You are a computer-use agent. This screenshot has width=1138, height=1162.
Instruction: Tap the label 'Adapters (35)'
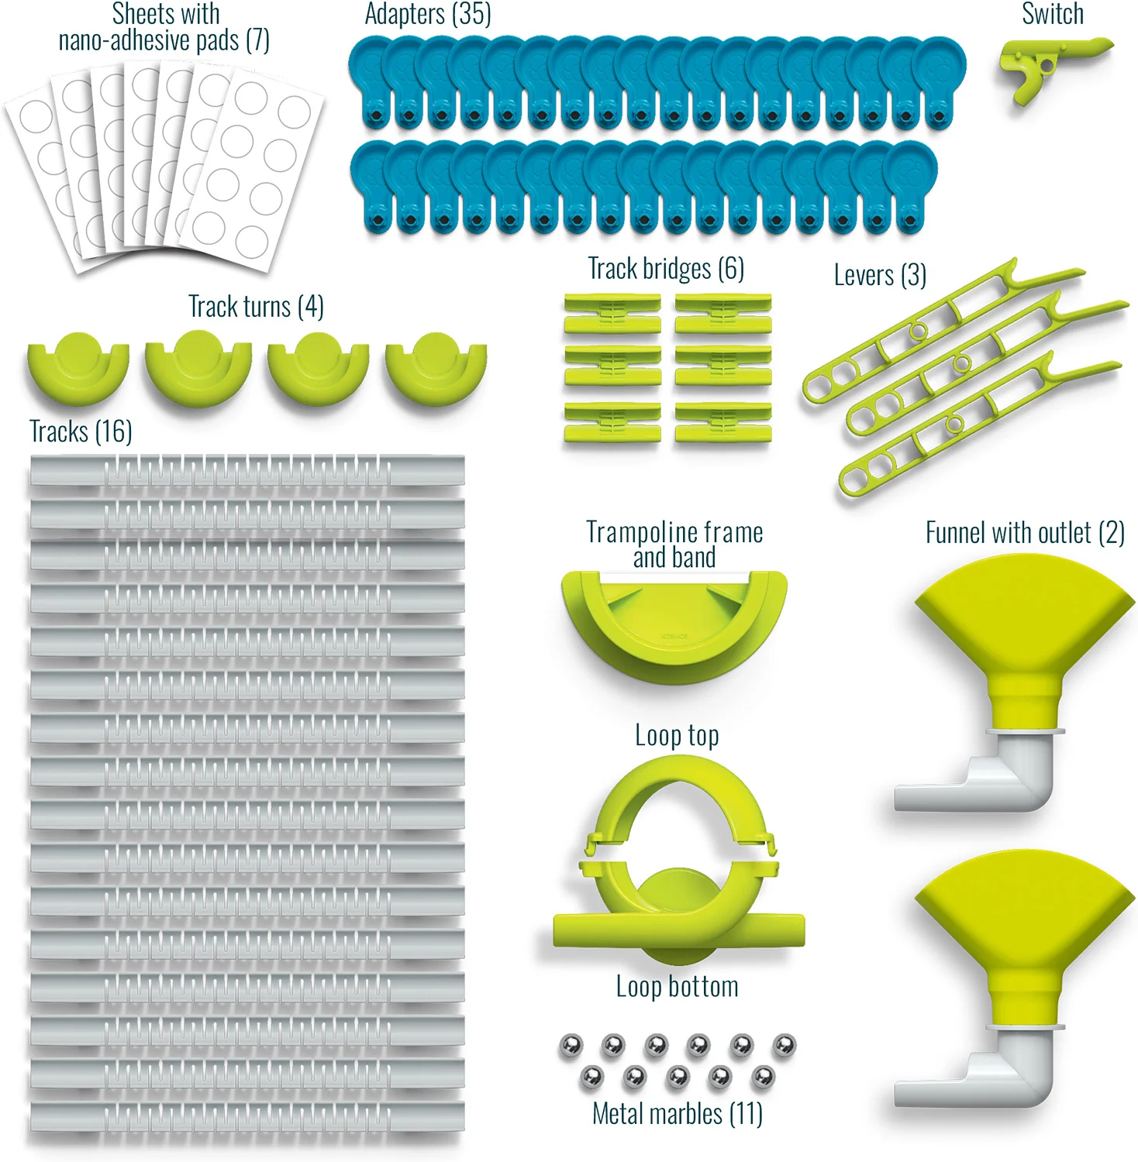(428, 15)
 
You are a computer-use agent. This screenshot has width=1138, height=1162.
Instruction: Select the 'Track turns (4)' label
(256, 307)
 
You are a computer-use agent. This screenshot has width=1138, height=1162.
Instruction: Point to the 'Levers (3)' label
(880, 275)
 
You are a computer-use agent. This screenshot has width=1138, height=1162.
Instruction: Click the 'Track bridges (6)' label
(666, 269)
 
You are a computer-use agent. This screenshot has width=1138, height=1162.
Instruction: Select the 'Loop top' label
(677, 735)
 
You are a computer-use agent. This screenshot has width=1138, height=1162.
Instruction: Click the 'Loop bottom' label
(677, 987)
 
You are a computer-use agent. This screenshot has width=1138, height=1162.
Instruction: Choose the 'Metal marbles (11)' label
(677, 1114)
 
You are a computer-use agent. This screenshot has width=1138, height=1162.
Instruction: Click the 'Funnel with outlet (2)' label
(1025, 533)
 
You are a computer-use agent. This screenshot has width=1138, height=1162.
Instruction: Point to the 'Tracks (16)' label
(81, 431)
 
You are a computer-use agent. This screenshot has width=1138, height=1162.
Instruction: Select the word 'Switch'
(1052, 14)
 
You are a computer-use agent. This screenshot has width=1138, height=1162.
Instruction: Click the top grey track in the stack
(247, 470)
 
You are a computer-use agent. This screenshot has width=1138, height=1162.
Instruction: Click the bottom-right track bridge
(722, 423)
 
